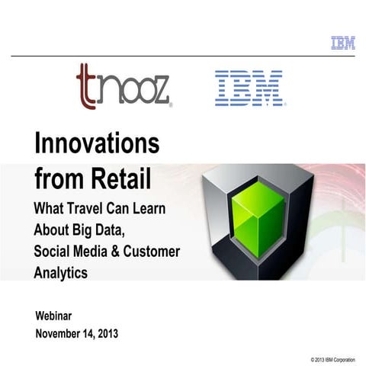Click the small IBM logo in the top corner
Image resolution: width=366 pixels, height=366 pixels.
(x=343, y=43)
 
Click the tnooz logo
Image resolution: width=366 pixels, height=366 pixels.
(x=124, y=86)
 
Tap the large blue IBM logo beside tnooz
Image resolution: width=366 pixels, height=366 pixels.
(x=249, y=88)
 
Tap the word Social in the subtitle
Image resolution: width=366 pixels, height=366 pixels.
(x=53, y=251)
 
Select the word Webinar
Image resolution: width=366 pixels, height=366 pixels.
(x=59, y=316)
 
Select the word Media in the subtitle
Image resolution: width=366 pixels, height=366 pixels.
(x=95, y=251)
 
